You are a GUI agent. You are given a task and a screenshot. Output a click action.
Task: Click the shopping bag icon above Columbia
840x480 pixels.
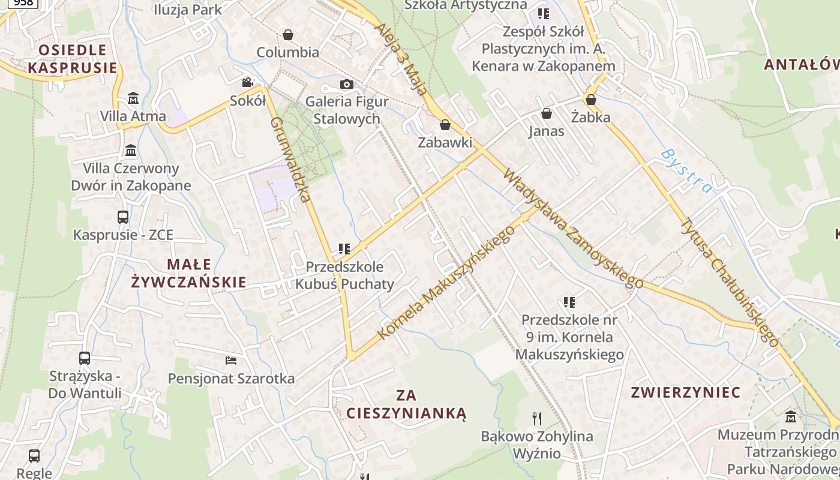point(288,35)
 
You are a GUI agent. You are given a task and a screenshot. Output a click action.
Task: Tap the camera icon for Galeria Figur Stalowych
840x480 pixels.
point(347,85)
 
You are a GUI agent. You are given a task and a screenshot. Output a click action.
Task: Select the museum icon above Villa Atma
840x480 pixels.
point(133,98)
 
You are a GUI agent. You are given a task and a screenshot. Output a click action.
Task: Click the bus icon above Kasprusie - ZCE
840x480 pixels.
point(123,217)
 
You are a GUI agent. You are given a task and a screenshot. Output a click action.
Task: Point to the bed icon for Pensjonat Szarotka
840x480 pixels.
point(231,360)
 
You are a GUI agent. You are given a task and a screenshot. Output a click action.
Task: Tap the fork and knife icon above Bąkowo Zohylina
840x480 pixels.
point(537,418)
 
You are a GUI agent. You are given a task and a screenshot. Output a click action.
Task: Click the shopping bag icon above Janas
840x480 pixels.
point(547,113)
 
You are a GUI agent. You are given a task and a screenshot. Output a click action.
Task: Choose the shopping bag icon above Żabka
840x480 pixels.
point(591,100)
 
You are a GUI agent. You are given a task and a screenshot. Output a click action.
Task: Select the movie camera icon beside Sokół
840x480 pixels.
point(247,83)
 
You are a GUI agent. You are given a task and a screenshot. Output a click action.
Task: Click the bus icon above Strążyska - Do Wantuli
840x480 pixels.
point(85,358)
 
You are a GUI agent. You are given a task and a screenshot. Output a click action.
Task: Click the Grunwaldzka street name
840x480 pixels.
point(290,159)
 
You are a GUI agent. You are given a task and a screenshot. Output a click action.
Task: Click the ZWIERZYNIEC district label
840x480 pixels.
point(686,392)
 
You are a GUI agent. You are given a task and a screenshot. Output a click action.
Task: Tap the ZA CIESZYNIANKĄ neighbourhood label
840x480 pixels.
point(406,404)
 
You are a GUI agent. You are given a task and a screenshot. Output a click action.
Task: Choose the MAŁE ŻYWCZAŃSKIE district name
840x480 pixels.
point(188,273)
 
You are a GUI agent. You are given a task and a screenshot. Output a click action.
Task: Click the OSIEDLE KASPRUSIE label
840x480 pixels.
point(72,58)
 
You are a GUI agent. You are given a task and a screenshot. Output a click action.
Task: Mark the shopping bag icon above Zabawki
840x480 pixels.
point(445,125)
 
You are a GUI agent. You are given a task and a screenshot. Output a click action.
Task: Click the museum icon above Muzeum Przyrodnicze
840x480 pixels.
point(791,416)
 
